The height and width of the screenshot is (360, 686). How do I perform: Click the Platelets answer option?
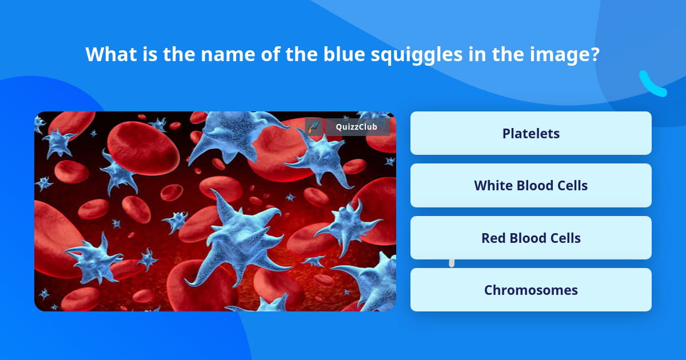(x=531, y=133)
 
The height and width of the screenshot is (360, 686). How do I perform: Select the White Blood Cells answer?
(x=531, y=186)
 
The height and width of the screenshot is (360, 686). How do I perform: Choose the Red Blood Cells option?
(x=531, y=238)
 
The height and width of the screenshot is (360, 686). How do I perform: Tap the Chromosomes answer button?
(x=531, y=290)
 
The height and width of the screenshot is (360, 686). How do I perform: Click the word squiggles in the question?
(x=417, y=55)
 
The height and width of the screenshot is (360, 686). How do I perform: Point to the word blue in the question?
(x=344, y=54)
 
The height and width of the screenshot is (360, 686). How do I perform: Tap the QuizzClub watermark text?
(x=356, y=127)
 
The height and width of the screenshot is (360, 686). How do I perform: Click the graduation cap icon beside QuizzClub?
(x=314, y=127)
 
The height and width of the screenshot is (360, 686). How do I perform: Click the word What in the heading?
(x=111, y=54)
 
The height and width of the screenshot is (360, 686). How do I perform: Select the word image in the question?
(x=560, y=55)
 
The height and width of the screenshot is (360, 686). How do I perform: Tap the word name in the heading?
(x=228, y=55)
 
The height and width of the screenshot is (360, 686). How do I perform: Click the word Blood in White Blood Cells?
(x=536, y=186)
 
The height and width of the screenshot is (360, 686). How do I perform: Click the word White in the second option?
(x=493, y=186)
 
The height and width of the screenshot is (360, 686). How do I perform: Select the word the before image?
(x=508, y=54)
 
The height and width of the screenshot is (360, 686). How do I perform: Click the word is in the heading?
(x=150, y=54)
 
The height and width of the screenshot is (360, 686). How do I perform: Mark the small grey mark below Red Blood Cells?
(x=452, y=263)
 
